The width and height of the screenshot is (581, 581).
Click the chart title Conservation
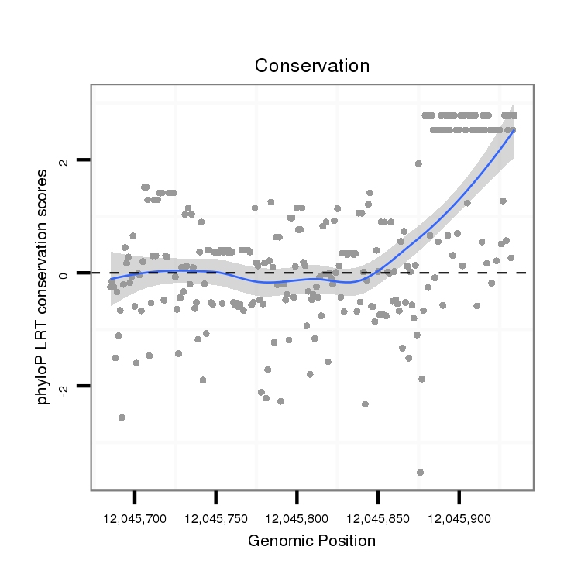coord(312,66)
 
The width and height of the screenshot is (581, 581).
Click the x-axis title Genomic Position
coord(311,541)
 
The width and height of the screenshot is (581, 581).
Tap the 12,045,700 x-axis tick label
coord(135,517)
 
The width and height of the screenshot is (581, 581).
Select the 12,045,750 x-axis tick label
coord(216,517)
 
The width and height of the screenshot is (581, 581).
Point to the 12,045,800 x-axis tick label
coord(297,517)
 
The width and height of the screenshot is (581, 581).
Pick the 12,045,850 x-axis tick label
coord(378,517)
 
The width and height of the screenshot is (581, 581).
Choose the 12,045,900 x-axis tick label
coord(459,517)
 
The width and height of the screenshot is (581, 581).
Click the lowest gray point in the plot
coord(420,472)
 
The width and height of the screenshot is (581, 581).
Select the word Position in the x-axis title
coord(348,541)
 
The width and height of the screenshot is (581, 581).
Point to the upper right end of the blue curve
coord(514,130)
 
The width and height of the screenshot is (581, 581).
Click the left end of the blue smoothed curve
coord(111,278)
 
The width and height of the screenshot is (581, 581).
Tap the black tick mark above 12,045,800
coord(297,495)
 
